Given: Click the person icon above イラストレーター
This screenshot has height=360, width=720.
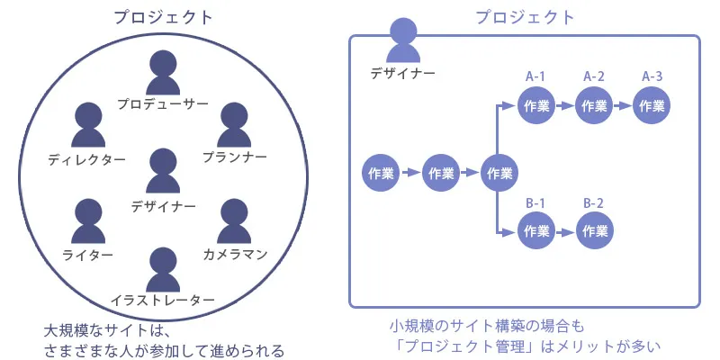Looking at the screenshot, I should pos(162,268).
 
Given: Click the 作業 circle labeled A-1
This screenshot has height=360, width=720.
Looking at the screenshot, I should pos(536,105).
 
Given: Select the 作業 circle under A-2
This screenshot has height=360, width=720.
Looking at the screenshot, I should pos(594,105).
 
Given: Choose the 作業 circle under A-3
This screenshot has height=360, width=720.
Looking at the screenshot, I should pos(652,105).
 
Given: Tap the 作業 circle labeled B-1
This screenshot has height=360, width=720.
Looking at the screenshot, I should pos(536,230).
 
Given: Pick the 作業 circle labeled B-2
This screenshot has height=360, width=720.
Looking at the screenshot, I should pos(594,230).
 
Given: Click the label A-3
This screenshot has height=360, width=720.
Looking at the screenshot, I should pos(652,76).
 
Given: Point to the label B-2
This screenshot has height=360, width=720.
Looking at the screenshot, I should pos(594,202).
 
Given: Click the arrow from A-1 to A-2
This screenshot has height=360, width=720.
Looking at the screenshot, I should pos(565,105).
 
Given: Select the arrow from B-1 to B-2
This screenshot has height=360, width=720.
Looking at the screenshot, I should pos(565,230).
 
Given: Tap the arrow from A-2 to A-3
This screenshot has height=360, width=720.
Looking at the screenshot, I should pos(623,105).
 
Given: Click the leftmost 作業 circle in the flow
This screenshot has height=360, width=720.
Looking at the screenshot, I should pos(382,173).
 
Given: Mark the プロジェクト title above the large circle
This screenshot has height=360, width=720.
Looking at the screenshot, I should pos(164,16).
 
